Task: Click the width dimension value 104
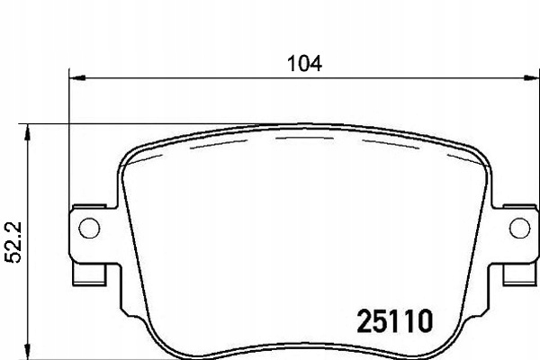304,64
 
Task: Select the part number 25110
397,319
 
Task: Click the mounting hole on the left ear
88,229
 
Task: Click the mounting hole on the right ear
519,229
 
